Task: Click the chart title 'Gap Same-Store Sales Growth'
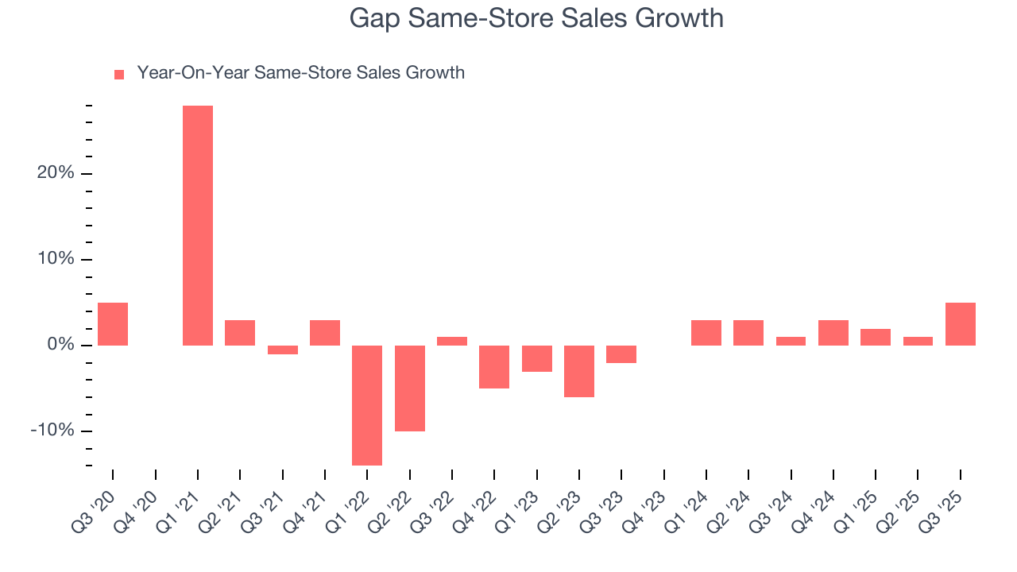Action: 536,18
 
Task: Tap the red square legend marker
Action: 119,75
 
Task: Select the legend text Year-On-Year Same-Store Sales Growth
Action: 300,73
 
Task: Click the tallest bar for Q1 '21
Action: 198,226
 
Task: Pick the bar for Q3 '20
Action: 113,324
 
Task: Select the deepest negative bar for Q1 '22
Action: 367,405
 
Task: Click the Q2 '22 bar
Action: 410,388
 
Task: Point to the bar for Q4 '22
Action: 494,367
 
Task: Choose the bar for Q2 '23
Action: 579,371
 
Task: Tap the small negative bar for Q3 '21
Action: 283,350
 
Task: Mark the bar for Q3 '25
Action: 961,324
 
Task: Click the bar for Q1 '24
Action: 706,333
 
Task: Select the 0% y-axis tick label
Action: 60,345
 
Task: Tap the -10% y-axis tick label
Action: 52,431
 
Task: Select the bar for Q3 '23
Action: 621,354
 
